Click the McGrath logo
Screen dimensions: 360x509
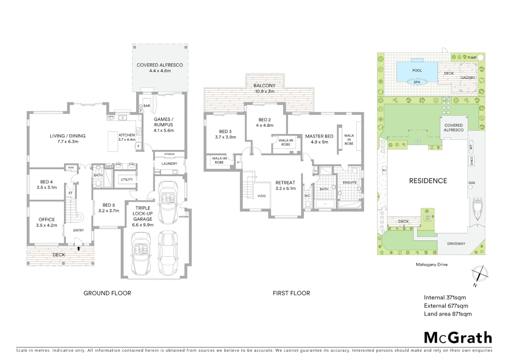click(x=458, y=338)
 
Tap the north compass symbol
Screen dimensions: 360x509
click(x=480, y=274)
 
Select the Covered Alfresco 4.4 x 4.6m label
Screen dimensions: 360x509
click(x=160, y=68)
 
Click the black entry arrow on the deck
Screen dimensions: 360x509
click(x=79, y=248)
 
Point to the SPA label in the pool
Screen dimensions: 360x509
click(x=417, y=82)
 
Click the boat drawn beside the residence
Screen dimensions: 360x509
click(x=477, y=209)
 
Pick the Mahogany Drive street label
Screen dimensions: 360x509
click(x=431, y=264)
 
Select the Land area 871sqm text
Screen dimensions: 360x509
click(x=447, y=314)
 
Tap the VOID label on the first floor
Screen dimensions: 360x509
click(x=261, y=196)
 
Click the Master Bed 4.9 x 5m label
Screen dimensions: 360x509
click(x=319, y=139)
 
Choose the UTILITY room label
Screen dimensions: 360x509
click(x=127, y=179)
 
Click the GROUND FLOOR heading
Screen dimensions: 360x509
click(x=107, y=293)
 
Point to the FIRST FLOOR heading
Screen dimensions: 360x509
click(x=291, y=293)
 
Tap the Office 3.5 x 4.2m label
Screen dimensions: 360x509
click(x=47, y=222)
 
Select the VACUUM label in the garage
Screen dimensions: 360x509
click(x=183, y=217)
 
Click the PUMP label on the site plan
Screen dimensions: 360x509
click(x=472, y=58)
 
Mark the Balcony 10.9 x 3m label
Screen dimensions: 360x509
click(x=264, y=88)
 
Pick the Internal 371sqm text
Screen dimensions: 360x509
click(x=445, y=297)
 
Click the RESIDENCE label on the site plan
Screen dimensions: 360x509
click(x=428, y=181)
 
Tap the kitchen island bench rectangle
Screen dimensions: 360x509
click(x=113, y=141)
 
